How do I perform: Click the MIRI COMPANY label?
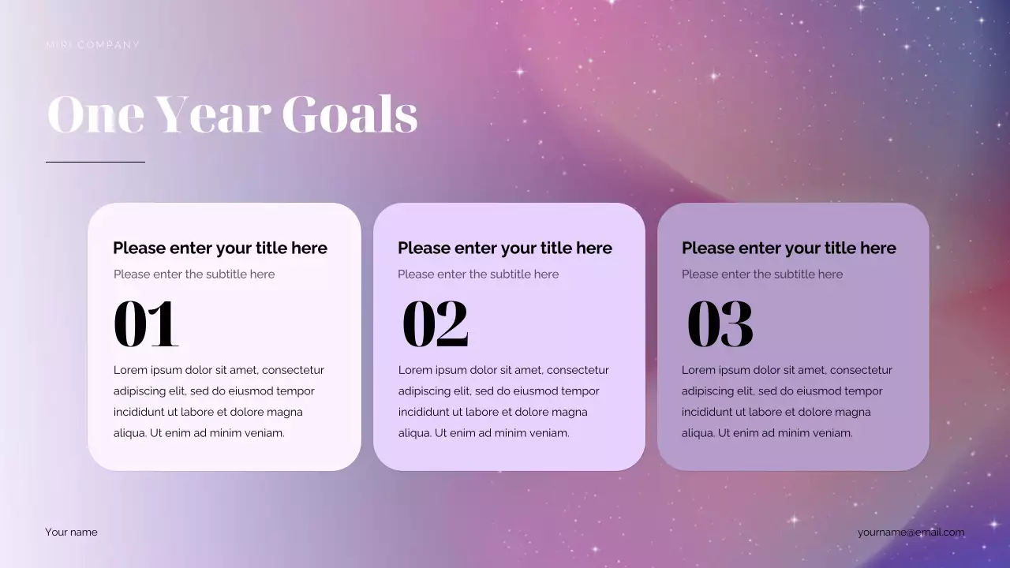[x=92, y=45]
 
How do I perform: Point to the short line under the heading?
[x=95, y=162]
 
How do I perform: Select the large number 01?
[x=146, y=323]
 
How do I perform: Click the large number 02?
[x=436, y=323]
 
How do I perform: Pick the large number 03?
[x=720, y=323]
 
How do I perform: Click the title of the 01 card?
[x=220, y=248]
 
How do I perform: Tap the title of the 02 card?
[x=505, y=248]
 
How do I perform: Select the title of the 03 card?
[x=789, y=248]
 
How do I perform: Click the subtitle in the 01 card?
[x=194, y=275]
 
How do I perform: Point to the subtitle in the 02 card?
[x=478, y=275]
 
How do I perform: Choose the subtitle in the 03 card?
[x=762, y=275]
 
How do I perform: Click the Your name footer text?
[x=72, y=532]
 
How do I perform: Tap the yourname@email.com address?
[x=911, y=532]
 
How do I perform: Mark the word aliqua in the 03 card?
[x=698, y=433]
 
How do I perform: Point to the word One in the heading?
[x=95, y=114]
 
